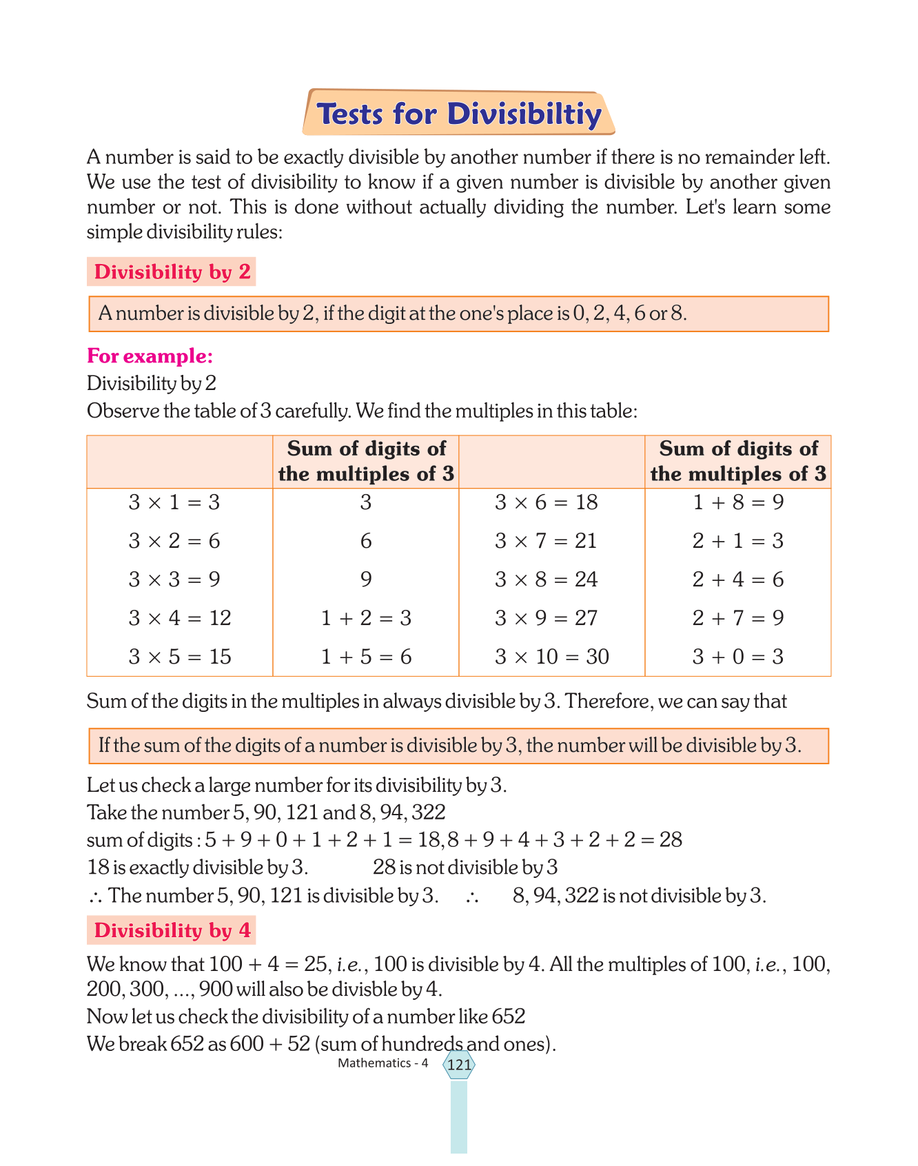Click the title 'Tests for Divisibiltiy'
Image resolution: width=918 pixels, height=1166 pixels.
point(458,114)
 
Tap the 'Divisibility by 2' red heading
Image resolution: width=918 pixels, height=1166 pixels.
point(172,272)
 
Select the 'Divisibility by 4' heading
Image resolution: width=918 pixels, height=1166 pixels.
point(172,930)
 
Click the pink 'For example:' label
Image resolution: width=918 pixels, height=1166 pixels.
point(150,356)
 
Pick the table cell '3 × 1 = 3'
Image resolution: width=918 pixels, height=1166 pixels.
point(174,502)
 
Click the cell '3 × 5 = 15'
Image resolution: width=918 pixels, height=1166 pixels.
point(180,657)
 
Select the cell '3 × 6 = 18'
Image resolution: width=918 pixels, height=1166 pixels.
point(546,502)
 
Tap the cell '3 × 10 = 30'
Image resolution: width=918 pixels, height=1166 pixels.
point(551,657)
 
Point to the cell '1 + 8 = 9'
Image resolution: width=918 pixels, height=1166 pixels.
point(738,502)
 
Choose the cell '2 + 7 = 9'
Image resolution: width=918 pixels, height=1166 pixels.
point(738,618)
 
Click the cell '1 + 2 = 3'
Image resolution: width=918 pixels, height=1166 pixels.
point(366,618)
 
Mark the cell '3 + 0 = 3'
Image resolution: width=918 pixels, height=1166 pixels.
point(738,657)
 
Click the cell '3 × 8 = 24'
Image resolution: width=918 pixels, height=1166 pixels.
point(546,580)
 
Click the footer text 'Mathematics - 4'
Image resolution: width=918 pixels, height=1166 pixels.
point(382,1063)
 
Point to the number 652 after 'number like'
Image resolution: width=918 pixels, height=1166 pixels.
point(509,1016)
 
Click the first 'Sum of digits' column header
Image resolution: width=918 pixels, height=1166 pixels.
point(366,462)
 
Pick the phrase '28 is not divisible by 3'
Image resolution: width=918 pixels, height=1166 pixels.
point(465,868)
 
